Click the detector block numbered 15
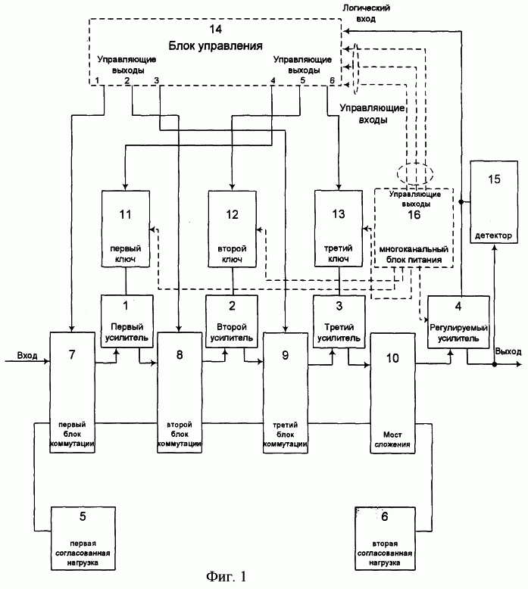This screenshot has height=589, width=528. coord(493,202)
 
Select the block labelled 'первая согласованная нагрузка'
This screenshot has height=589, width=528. coord(83,538)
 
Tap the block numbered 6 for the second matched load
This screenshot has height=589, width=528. coord(384,538)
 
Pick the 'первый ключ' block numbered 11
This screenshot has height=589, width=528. coord(126,229)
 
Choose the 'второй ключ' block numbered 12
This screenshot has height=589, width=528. coord(233,229)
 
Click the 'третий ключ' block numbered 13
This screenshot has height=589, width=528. coord(339,229)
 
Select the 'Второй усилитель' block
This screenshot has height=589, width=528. coord(232,321)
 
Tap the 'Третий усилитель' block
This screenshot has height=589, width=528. coord(339,322)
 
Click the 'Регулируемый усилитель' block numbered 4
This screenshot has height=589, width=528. coord(458,323)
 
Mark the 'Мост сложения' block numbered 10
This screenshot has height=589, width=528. coord(392,393)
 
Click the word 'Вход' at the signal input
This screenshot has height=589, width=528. coord(27,355)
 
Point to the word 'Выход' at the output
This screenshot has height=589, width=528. coord(508,351)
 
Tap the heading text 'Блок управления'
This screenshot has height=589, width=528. coord(215,46)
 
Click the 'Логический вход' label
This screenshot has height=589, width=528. coord(366,13)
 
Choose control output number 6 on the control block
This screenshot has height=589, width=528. coord(332,80)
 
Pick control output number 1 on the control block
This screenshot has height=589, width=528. coord(97,80)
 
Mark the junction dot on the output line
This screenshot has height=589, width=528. coord(495,364)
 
